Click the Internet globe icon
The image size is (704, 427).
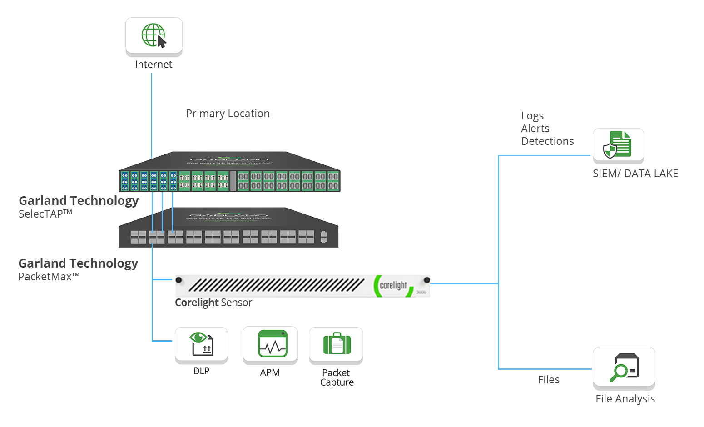154,35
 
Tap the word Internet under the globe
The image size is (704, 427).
154,65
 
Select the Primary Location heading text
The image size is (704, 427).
228,114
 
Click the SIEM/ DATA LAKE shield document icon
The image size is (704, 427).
618,145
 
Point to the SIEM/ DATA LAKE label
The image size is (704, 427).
635,174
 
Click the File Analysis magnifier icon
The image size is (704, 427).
624,367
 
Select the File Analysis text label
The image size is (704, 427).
625,399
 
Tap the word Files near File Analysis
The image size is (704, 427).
548,380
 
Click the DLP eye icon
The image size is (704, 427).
202,343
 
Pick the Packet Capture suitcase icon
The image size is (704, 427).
337,344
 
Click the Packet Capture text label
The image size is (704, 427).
337,377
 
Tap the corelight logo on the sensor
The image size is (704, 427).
393,286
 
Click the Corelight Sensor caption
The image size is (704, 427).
213,303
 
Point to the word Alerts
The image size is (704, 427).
535,129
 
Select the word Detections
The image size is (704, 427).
547,141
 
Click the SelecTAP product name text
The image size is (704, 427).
45,214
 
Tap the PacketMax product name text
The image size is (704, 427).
49,277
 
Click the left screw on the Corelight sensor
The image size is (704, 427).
179,280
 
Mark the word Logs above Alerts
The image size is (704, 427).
532,116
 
